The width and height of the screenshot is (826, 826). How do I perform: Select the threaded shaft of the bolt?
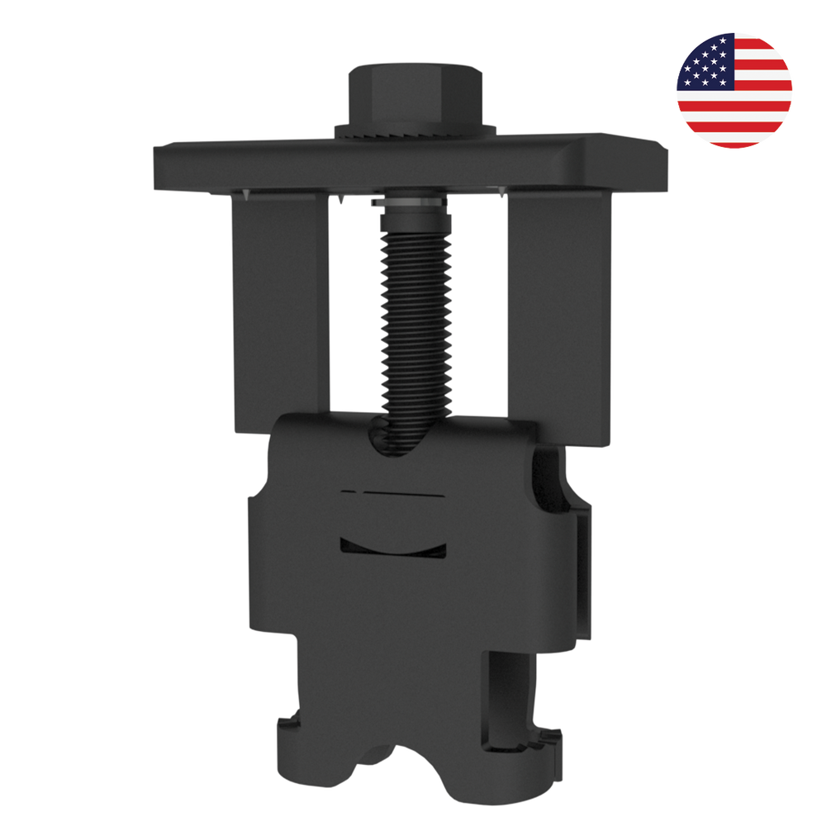point(416,314)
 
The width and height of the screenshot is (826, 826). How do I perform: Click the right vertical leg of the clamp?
point(558,314)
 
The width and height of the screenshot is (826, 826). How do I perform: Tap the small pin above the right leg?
point(502,193)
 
